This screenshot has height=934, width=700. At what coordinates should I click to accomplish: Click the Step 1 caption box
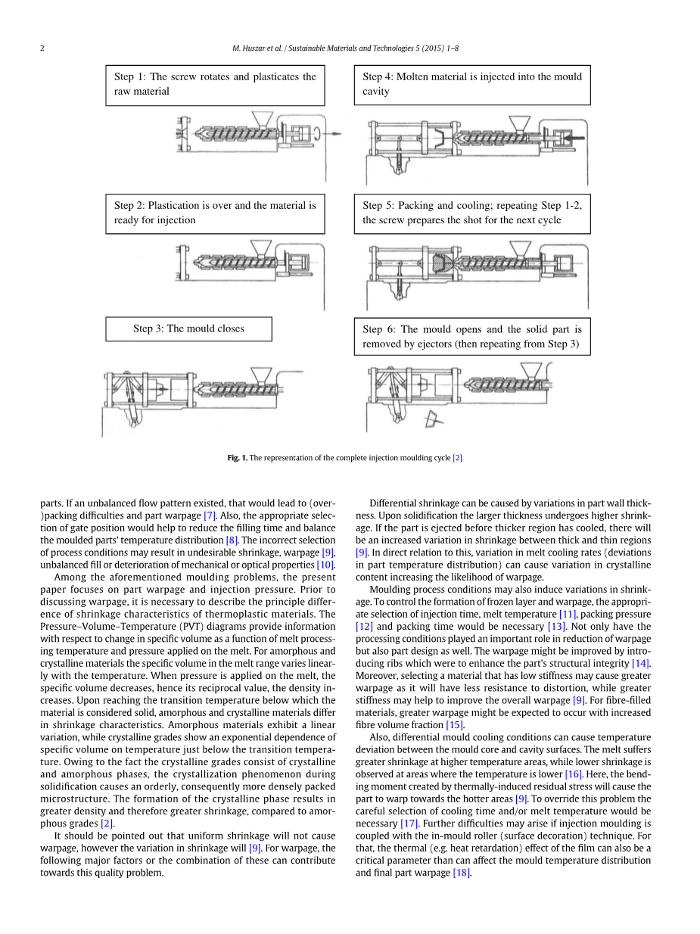pyautogui.click(x=215, y=84)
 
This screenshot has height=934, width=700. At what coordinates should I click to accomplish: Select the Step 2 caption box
pyautogui.click(x=215, y=213)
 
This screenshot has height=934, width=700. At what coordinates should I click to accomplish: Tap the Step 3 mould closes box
pyautogui.click(x=188, y=328)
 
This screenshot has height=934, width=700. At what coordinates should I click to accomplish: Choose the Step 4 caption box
pyautogui.click(x=471, y=84)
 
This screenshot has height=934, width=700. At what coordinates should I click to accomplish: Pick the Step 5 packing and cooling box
pyautogui.click(x=471, y=213)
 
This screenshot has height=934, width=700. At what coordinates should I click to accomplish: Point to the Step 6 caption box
pyautogui.click(x=471, y=337)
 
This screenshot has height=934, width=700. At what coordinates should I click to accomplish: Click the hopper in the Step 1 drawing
pyautogui.click(x=262, y=120)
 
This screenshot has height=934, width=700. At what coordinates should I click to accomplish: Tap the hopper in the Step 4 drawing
pyautogui.click(x=520, y=124)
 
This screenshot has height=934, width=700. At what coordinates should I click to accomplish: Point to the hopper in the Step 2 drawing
pyautogui.click(x=262, y=247)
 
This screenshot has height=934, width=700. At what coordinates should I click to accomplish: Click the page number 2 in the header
pyautogui.click(x=42, y=48)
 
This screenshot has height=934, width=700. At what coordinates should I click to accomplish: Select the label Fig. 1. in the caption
pyautogui.click(x=238, y=458)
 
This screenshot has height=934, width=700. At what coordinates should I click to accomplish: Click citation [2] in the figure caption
pyautogui.click(x=457, y=458)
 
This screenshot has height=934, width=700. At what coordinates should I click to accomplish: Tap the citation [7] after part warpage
pyautogui.click(x=210, y=515)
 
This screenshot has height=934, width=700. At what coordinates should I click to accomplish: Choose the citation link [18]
pyautogui.click(x=461, y=873)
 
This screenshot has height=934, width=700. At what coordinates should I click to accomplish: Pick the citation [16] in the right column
pyautogui.click(x=573, y=774)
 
